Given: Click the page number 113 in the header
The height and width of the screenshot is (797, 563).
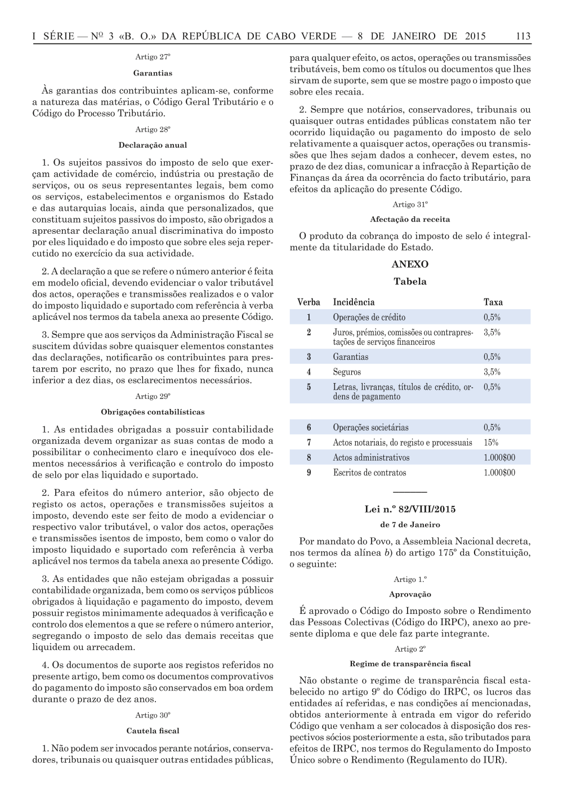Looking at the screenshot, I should coord(522,37).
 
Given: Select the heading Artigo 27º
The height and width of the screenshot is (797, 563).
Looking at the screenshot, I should coord(153,57).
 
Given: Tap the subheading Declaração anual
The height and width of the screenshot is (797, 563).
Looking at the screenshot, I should coord(153,145).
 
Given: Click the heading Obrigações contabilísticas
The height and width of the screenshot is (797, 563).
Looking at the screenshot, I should coord(153,412).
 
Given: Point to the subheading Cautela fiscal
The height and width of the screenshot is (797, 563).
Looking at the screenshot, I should coord(153,731).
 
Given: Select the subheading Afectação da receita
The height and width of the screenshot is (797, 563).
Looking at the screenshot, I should coord(410,219).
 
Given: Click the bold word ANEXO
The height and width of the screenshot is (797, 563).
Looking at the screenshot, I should coord(410,264).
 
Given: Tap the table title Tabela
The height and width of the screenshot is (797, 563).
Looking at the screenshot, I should coord(410,282).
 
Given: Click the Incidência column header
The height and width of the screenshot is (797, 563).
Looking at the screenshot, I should coord(354,302).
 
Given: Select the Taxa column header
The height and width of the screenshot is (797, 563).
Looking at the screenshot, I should coord(493,302).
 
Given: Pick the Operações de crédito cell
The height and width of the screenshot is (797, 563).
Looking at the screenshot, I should coord(369,317).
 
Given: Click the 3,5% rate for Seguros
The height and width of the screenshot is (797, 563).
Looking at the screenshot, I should coord(492,372).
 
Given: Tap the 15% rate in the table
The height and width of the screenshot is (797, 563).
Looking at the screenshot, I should coord(491,443).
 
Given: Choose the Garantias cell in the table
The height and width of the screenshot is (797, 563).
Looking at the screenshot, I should coord(350,357).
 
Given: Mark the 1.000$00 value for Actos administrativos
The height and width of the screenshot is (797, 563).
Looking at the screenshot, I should coord(499,457).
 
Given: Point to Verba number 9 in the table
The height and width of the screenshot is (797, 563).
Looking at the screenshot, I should coord(309,473).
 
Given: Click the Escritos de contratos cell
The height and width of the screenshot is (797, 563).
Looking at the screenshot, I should coord(369,473).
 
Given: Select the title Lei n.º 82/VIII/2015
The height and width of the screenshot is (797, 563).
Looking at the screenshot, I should coord(410,509).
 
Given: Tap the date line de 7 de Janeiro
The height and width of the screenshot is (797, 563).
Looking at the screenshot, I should coord(410,524).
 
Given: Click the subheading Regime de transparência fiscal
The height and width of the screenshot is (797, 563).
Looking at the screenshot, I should coord(410,664).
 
